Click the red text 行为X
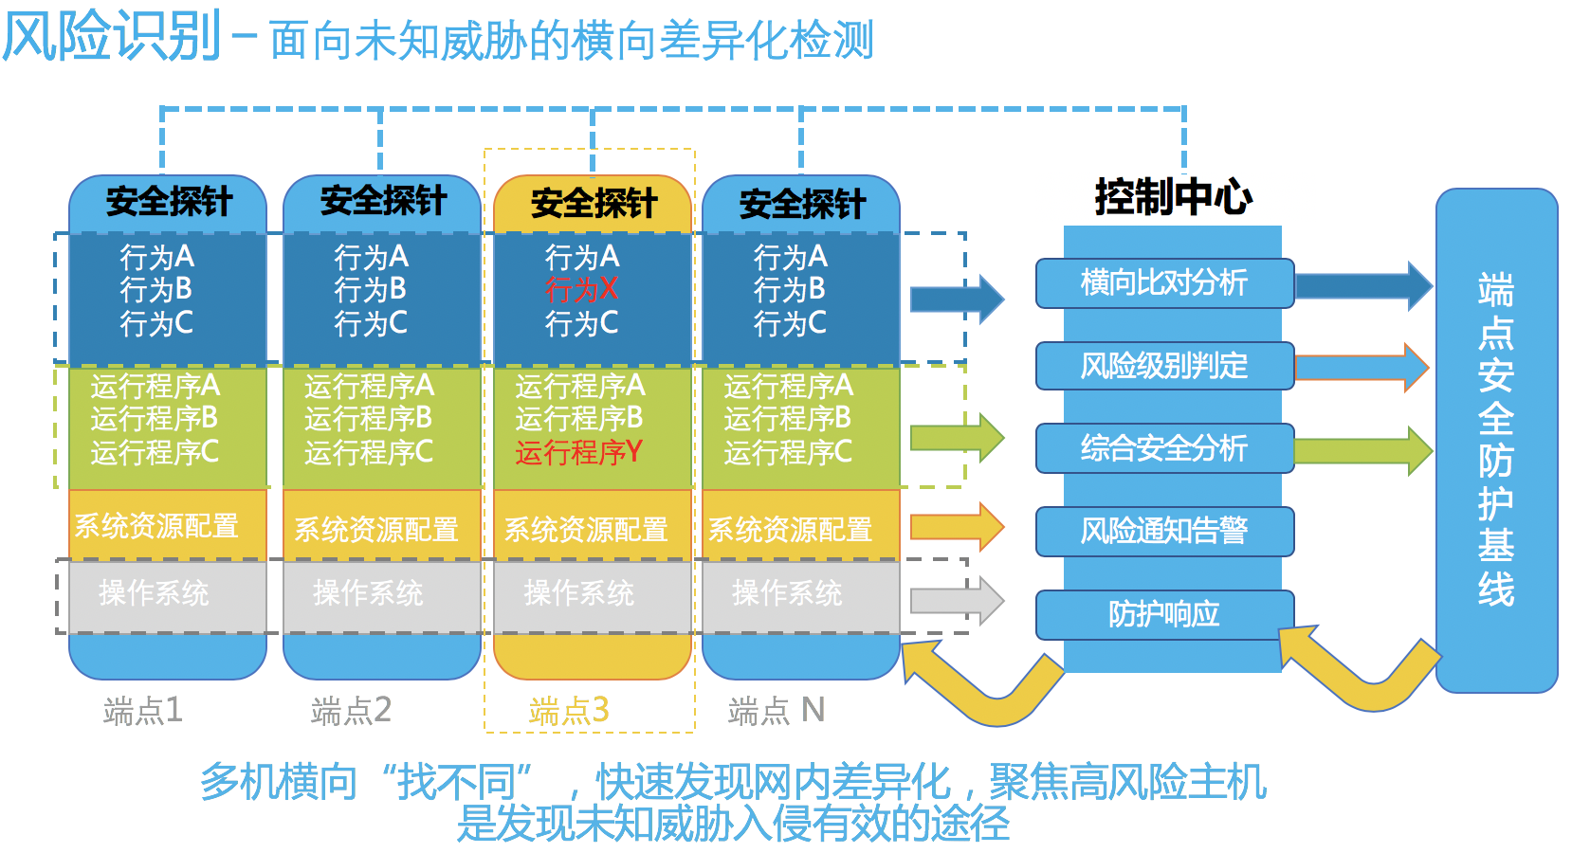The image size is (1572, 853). pos(582,290)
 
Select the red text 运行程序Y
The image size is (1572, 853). pos(579,452)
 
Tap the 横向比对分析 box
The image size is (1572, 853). pos(1165,283)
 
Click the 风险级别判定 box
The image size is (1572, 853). pos(1165,366)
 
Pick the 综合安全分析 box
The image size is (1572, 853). pos(1165,448)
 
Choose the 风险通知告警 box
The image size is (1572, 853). pos(1165,531)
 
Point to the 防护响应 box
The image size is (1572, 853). pos(1165,614)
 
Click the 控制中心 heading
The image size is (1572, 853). pos(1174,197)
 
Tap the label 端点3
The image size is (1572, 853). pos(569,711)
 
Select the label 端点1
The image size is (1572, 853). pos(143,711)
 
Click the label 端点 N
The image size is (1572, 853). pos(777,711)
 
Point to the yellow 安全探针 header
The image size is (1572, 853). pos(593,204)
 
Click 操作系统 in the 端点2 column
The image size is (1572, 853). pos(369,593)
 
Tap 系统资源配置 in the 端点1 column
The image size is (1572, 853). pos(156,526)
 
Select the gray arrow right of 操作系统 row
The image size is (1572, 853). pos(958,601)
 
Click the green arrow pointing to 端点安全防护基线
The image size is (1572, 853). pos(1362,450)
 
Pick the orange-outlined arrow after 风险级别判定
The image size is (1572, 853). pos(1362,368)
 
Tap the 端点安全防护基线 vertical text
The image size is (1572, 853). pos(1495,440)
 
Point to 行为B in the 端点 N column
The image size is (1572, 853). pos(790,290)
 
